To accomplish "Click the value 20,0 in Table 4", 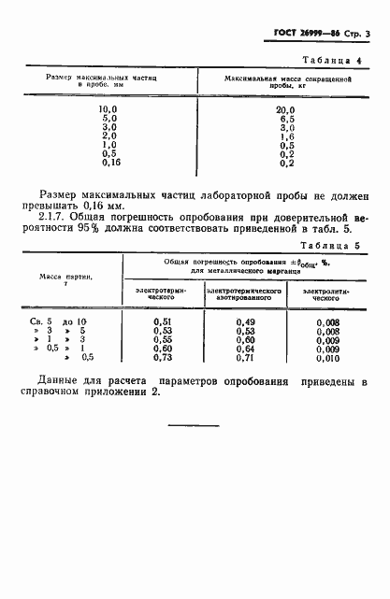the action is click(x=286, y=109).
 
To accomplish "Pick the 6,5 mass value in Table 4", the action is click(x=286, y=119).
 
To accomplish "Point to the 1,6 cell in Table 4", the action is click(x=286, y=136).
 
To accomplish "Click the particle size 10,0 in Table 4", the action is click(x=108, y=109).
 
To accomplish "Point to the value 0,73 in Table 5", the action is click(x=161, y=357).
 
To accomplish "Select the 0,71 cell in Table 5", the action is click(x=245, y=357).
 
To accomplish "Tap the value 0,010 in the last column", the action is click(x=328, y=357).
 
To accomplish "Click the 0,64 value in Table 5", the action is click(x=245, y=348).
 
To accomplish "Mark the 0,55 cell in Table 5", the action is click(x=161, y=338).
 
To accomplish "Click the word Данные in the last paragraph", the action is click(x=58, y=381).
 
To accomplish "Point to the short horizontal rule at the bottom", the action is click(x=194, y=425).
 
